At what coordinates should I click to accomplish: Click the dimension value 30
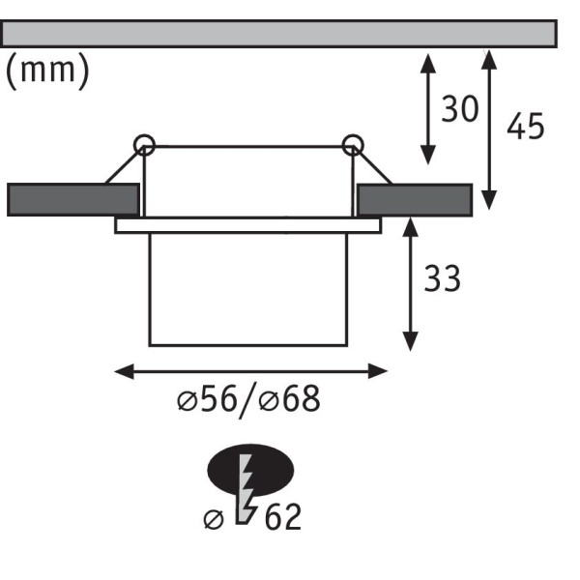(460, 108)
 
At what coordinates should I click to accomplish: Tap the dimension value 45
(526, 126)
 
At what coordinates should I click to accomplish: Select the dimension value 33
(443, 278)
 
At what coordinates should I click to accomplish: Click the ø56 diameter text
(207, 398)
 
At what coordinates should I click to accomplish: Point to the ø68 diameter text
(289, 398)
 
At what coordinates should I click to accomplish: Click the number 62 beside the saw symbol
(283, 517)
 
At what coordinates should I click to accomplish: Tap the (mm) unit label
(47, 71)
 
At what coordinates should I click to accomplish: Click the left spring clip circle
(144, 145)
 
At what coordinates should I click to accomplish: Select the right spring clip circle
(353, 145)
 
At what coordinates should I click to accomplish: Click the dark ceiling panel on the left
(73, 199)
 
